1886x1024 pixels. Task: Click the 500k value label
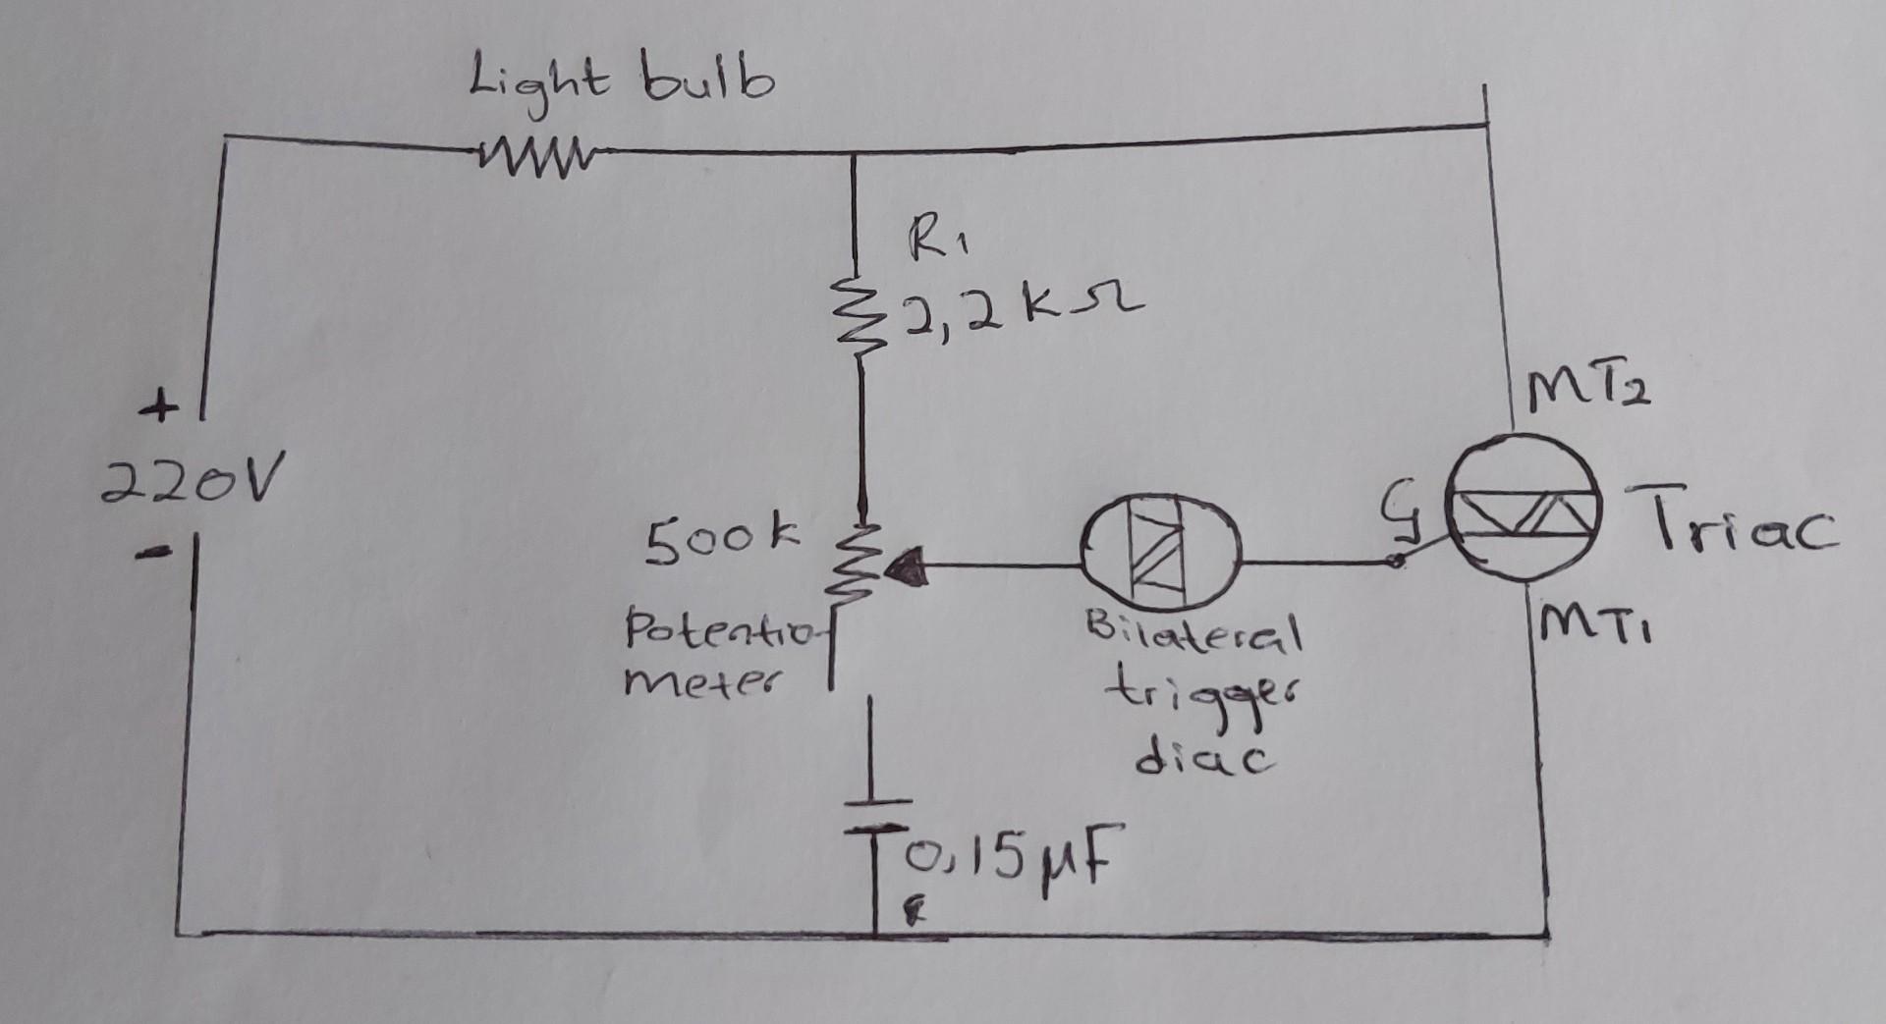coord(722,539)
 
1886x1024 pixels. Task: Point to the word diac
coord(1204,758)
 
